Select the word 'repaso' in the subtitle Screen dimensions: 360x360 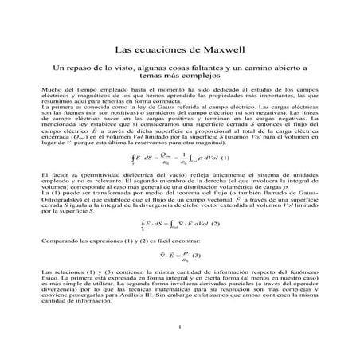[x=77, y=70]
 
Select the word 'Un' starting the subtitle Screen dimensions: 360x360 [x=56, y=70]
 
